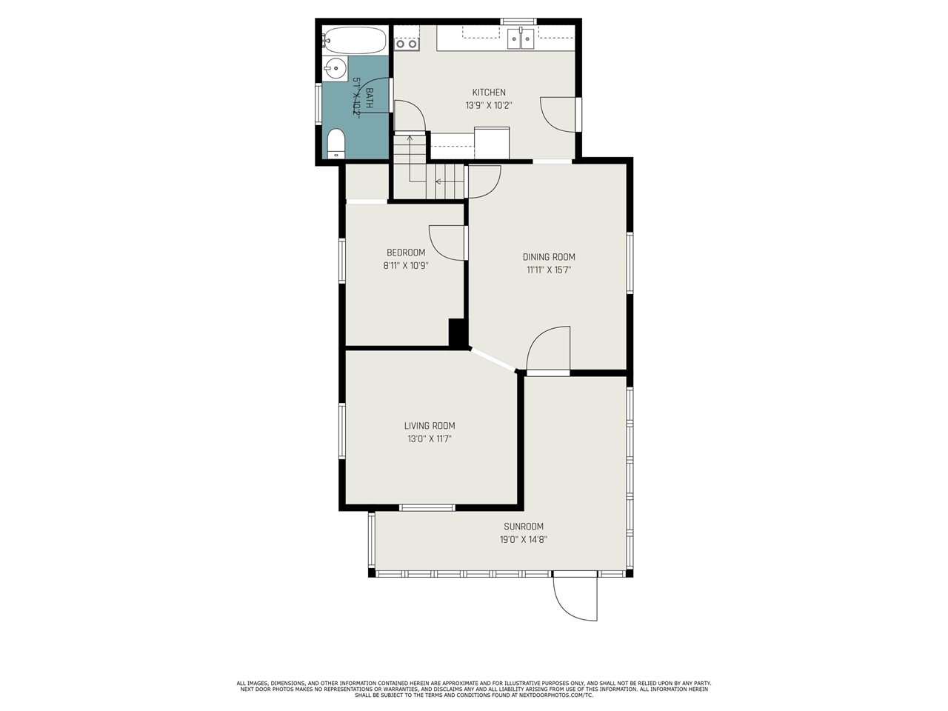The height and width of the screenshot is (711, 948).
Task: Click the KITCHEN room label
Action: coord(489,93)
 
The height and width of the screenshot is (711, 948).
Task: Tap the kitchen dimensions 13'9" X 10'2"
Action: coord(489,106)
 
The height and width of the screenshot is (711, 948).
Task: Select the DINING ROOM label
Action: coord(549,257)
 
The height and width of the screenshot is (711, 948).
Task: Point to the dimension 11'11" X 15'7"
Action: coord(549,270)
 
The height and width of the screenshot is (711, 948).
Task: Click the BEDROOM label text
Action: coord(406,253)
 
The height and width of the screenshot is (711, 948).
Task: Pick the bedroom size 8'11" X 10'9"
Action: coord(406,265)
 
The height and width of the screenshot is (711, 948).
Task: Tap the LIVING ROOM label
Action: coord(430,426)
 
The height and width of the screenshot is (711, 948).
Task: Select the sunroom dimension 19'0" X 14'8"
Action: coord(524,540)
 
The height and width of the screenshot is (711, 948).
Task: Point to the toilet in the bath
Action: coord(336,144)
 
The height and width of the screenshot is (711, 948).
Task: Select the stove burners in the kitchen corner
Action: coord(407,43)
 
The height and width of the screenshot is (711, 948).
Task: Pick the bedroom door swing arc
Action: coord(447,242)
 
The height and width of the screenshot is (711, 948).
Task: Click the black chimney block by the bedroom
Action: coord(458,332)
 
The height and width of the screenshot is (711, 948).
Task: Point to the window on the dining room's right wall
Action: coord(630,264)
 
